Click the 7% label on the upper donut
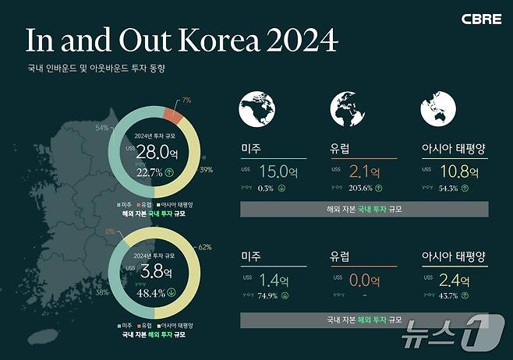pyautogui.click(x=186, y=101)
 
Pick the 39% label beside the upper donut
pyautogui.click(x=207, y=169)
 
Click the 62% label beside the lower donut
pyautogui.click(x=206, y=247)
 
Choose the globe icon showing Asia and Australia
pyautogui.click(x=437, y=109)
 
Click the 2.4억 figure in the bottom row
pyautogui.click(x=453, y=281)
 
